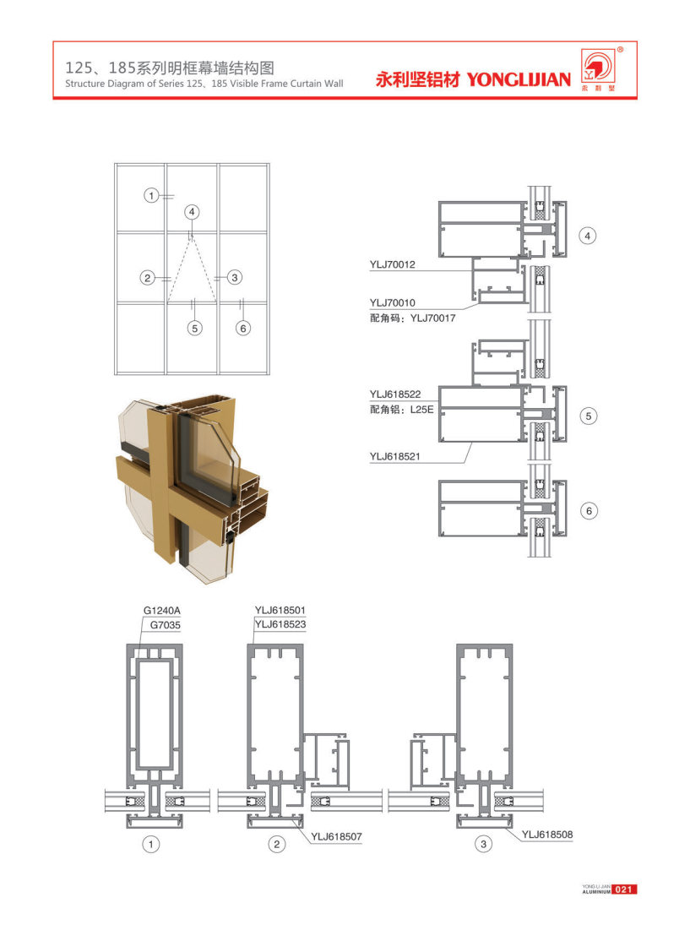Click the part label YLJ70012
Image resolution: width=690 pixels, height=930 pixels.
[393, 264]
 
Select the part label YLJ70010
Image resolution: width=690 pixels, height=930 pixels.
[393, 302]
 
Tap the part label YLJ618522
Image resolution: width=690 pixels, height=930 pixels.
[394, 394]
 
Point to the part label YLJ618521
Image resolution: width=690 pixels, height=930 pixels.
[394, 456]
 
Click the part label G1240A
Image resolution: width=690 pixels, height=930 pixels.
[162, 611]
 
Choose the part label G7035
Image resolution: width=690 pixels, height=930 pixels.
[166, 624]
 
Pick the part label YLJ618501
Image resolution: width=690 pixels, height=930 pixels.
[280, 610]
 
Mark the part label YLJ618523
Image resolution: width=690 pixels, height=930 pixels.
[280, 624]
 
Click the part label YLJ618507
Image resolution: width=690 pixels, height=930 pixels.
[336, 836]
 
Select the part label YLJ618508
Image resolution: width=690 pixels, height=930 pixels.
[547, 835]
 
